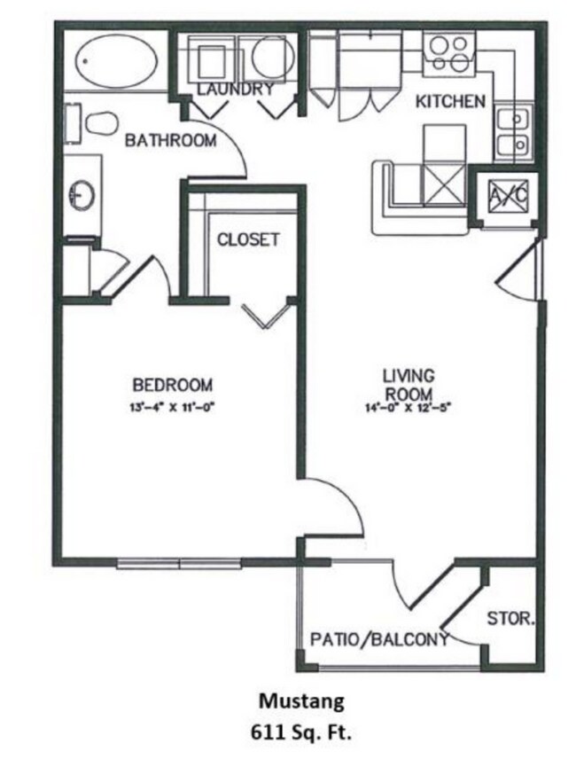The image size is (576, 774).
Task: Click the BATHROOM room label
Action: click(170, 140)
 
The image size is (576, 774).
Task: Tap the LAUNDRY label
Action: click(234, 90)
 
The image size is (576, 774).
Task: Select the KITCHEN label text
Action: click(450, 101)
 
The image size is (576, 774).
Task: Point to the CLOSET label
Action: click(248, 239)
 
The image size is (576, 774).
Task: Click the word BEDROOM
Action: click(172, 385)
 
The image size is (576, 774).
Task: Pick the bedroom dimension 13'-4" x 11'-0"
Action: click(172, 409)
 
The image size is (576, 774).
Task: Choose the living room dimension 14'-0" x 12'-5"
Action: click(409, 409)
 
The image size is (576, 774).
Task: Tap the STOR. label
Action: click(510, 621)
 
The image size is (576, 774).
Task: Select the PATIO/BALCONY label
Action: click(378, 639)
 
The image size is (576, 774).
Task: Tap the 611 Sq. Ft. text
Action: click(298, 734)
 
